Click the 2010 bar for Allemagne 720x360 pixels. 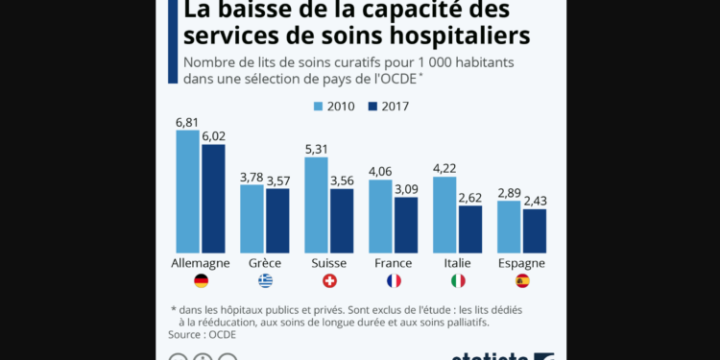(x=187, y=191)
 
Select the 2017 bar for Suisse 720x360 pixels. (x=342, y=220)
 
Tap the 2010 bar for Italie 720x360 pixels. (x=444, y=214)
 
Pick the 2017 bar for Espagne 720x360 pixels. (x=535, y=230)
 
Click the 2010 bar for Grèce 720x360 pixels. (x=252, y=218)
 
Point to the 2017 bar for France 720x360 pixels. (x=406, y=225)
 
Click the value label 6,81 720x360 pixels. (x=187, y=123)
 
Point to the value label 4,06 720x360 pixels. (x=380, y=172)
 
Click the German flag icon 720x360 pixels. (x=201, y=280)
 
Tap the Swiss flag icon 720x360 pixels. (x=329, y=280)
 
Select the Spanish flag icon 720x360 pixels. (x=521, y=280)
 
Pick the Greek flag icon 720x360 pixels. (x=265, y=280)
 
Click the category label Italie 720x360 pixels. (x=458, y=263)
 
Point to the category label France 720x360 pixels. (x=394, y=263)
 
